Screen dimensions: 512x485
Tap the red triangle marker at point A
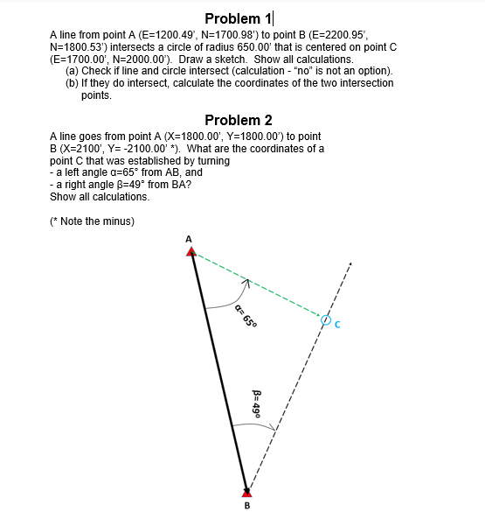pos(191,252)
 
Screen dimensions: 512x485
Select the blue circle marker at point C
pos(325,321)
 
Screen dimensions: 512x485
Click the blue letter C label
pos(337,327)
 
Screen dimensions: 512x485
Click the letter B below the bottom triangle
pos(246,505)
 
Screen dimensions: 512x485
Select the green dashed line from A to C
pos(262,288)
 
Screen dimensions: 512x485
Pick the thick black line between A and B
pos(218,372)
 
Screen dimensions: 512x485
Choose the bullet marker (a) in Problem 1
pos(73,71)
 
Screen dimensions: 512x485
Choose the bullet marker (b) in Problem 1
pos(73,82)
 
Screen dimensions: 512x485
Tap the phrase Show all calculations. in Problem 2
pos(99,196)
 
